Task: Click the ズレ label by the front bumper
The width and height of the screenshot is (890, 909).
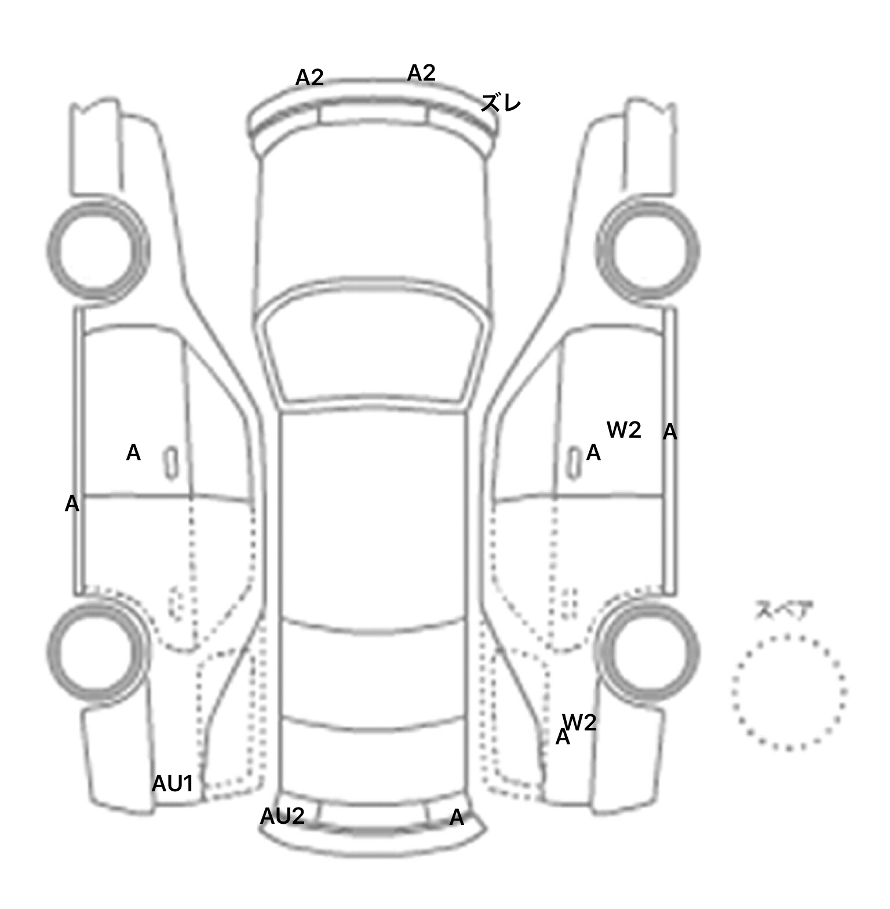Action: click(x=501, y=103)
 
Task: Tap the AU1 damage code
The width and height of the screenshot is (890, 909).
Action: click(x=172, y=784)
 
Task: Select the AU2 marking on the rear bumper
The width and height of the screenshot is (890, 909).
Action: click(x=282, y=816)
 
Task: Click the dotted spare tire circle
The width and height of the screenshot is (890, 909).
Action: click(x=789, y=692)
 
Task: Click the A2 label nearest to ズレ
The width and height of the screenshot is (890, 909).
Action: click(x=421, y=73)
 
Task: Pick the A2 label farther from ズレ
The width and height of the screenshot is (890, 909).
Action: click(x=309, y=78)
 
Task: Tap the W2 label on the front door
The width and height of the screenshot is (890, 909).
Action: click(x=624, y=430)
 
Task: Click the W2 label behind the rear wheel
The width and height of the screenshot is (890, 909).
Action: click(x=579, y=722)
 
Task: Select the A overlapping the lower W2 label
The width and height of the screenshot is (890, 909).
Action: click(x=563, y=737)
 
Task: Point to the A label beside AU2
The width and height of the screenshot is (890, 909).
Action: click(x=457, y=817)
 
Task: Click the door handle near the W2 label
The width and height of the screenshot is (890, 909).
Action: click(x=574, y=463)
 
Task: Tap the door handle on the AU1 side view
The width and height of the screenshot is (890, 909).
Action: click(x=171, y=463)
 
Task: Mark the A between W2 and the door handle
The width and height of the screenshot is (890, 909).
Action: click(x=593, y=453)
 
